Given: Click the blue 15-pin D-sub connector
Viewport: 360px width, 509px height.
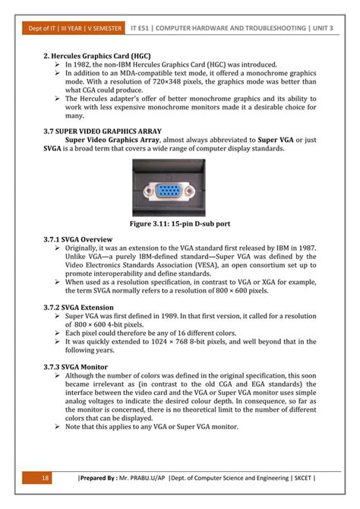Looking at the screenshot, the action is [x=180, y=190].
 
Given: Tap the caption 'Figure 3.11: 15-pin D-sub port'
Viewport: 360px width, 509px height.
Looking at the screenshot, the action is [x=180, y=225].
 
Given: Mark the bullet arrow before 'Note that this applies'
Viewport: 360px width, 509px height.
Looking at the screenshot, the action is [x=58, y=426].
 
